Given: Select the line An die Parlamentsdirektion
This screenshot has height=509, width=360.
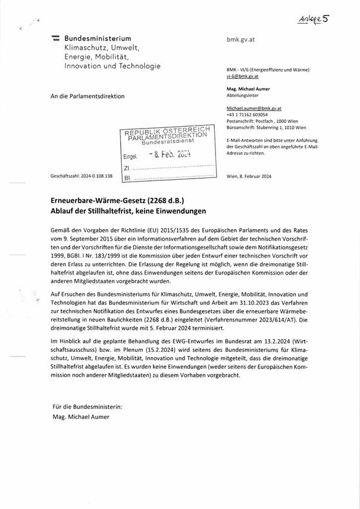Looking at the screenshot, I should (88, 95).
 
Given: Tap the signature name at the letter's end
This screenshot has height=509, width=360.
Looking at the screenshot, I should (81, 417).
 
